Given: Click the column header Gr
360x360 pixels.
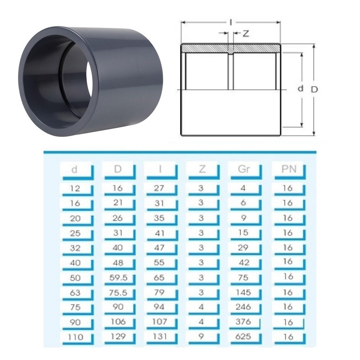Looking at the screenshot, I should pos(244,170).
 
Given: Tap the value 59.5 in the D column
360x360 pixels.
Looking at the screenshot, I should pos(118,278).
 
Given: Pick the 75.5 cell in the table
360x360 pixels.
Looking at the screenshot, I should pos(118,293).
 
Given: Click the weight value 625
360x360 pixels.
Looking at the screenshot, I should pos(243,337).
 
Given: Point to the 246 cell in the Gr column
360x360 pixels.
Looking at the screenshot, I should pos(243,307).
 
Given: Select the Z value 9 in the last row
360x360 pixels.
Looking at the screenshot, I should pos(201,337).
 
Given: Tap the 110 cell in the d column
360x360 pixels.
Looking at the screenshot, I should pos(75,337).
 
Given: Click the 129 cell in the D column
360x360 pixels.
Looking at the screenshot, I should pos(118,337).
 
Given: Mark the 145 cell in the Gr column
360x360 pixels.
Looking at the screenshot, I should pos(243,292).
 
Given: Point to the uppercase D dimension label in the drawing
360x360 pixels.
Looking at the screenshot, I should pos(314,90).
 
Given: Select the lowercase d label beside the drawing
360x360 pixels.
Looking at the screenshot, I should pos(301,89).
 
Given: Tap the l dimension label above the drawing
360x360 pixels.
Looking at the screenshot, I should pos(230,22).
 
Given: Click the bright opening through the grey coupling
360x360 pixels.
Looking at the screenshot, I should pos(89,80).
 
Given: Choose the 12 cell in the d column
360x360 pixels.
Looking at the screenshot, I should pos(75,188).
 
